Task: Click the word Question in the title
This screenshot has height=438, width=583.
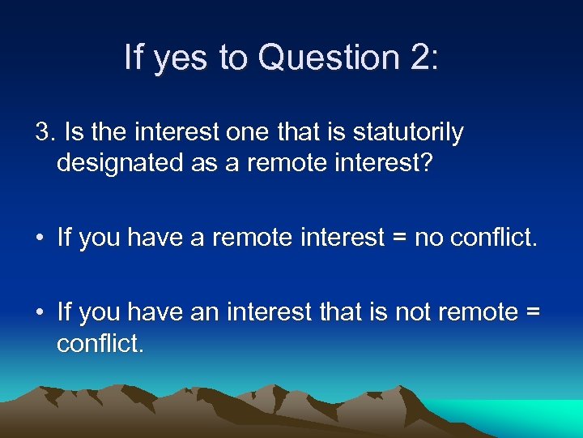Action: pos(325,58)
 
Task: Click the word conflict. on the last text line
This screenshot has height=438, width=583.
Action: pos(100,344)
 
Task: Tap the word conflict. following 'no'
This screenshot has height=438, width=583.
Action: pos(492,238)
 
